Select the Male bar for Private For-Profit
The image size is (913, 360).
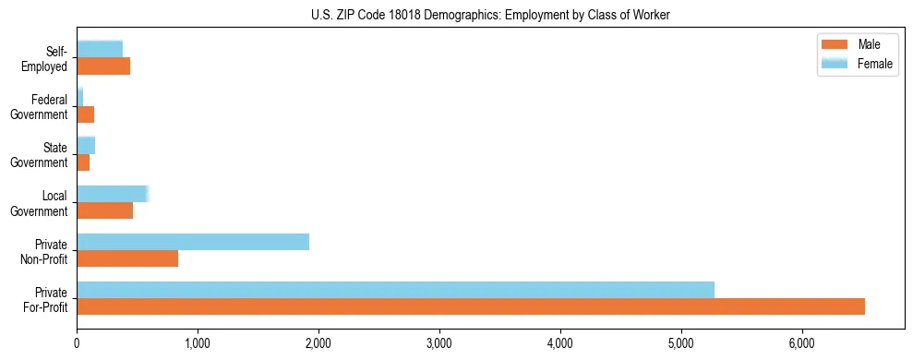click(x=471, y=306)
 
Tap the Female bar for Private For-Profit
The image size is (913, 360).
click(x=395, y=290)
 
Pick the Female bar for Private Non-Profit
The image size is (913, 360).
click(x=193, y=242)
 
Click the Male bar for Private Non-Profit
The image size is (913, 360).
click(x=127, y=258)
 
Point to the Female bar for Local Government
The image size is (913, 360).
click(x=113, y=194)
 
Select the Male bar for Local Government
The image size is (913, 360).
click(x=105, y=210)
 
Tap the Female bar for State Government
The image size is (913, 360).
click(x=86, y=145)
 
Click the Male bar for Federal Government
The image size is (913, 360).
click(x=86, y=114)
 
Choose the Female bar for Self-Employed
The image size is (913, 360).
click(x=100, y=49)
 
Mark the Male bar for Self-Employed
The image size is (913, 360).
click(x=103, y=66)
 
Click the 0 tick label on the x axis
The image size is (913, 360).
click(x=77, y=343)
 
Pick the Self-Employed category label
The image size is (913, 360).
click(x=49, y=58)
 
